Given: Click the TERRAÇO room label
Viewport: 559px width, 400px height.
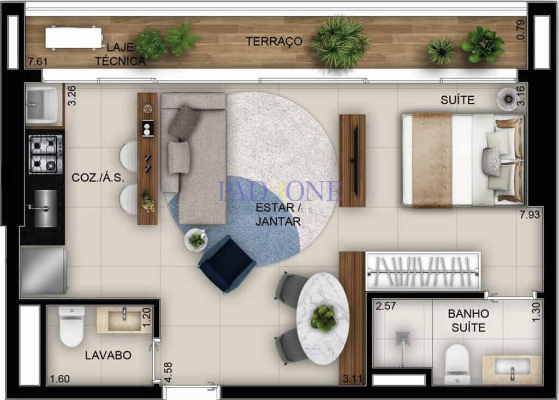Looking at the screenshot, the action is pyautogui.click(x=274, y=42).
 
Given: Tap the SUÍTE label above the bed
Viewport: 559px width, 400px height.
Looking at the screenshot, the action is pyautogui.click(x=457, y=100).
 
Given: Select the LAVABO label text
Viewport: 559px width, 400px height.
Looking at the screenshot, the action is pyautogui.click(x=108, y=355).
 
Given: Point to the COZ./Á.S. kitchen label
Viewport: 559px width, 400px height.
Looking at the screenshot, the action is pyautogui.click(x=98, y=178).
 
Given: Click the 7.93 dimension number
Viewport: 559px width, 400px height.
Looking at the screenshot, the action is pyautogui.click(x=530, y=215).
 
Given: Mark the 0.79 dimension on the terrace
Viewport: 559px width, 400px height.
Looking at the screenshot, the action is pyautogui.click(x=520, y=30).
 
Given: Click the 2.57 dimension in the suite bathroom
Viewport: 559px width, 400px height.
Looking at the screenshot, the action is pyautogui.click(x=386, y=306).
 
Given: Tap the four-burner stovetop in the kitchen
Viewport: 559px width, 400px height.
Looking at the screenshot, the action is pyautogui.click(x=46, y=155).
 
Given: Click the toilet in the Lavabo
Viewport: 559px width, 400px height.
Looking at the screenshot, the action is pyautogui.click(x=72, y=326).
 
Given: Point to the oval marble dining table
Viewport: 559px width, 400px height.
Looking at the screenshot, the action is pyautogui.click(x=323, y=318).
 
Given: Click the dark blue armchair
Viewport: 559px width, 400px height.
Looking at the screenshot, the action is pyautogui.click(x=227, y=264).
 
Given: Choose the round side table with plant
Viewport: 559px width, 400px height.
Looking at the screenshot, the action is pyautogui.click(x=196, y=240).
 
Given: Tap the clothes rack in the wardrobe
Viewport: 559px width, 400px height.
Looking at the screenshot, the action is pyautogui.click(x=423, y=272).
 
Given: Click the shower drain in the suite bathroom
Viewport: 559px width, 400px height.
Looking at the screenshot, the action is pyautogui.click(x=403, y=338).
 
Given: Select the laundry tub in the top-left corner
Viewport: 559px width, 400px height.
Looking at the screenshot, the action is pyautogui.click(x=43, y=105).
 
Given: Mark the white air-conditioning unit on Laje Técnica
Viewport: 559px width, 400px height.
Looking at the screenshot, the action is pyautogui.click(x=74, y=38).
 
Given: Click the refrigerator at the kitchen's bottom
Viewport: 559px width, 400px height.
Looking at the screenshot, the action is pyautogui.click(x=44, y=270).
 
